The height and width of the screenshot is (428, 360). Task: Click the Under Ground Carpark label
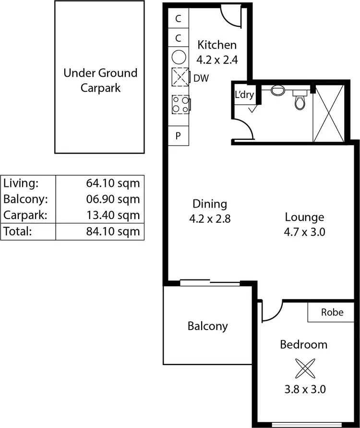100,80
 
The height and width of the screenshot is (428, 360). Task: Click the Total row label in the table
17,231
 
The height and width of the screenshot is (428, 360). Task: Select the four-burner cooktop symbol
180,104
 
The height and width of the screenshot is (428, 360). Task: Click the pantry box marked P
178,135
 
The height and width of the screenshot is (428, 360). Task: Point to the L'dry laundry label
244,95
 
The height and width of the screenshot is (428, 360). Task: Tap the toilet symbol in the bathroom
300,100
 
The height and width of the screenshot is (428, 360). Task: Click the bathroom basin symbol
277,89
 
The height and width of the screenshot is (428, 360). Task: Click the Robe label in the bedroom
332,312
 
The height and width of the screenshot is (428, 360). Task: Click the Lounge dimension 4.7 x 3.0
304,232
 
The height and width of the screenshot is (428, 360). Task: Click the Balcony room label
207,326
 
